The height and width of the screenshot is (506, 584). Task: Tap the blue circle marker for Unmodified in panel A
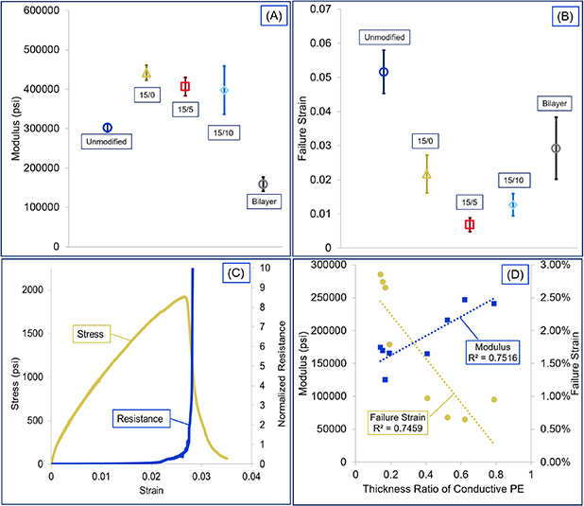pyautogui.click(x=107, y=128)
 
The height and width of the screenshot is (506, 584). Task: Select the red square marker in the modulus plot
pyautogui.click(x=185, y=86)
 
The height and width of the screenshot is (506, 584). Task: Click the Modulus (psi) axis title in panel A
pyautogui.click(x=11, y=128)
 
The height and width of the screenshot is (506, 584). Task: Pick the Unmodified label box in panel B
pyautogui.click(x=383, y=37)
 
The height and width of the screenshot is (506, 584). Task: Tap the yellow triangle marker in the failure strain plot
pyautogui.click(x=426, y=174)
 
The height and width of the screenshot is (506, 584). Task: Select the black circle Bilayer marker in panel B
pyautogui.click(x=556, y=148)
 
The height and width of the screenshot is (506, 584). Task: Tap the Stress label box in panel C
pyautogui.click(x=95, y=332)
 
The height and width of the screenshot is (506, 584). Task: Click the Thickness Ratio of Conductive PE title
pyautogui.click(x=443, y=492)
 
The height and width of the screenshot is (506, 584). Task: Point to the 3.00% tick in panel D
pyautogui.click(x=558, y=267)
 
